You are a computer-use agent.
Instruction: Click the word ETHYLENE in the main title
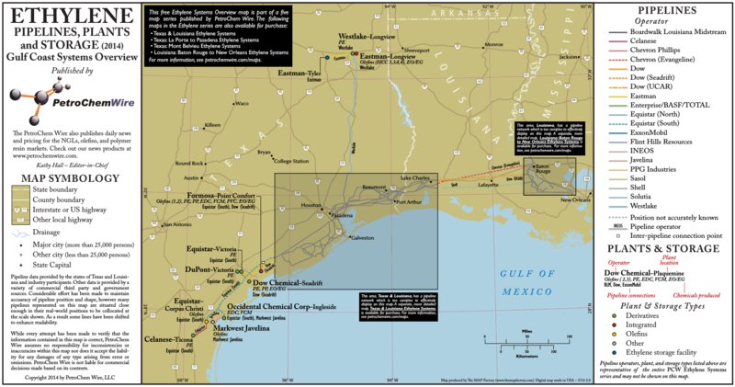click(x=70, y=17)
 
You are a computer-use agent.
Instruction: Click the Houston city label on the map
click(x=308, y=206)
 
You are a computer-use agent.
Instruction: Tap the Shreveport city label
click(x=416, y=50)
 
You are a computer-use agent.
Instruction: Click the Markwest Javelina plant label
click(x=243, y=327)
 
